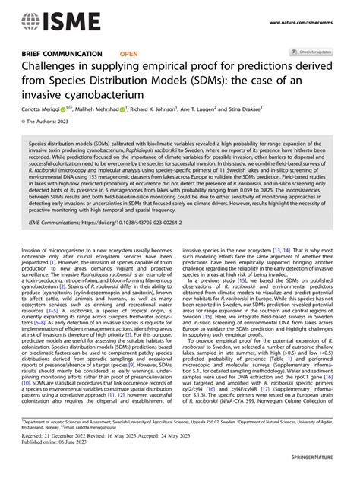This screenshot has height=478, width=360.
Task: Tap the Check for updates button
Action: [x=314, y=52]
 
